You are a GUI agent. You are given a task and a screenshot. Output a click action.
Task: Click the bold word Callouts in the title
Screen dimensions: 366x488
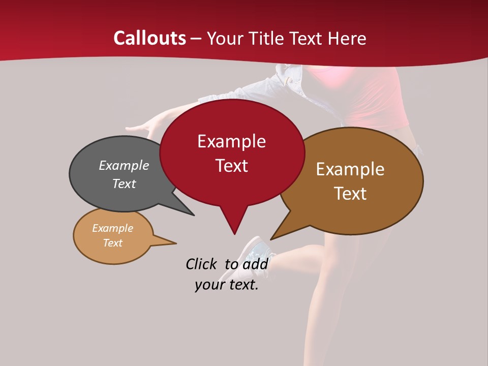[149, 38]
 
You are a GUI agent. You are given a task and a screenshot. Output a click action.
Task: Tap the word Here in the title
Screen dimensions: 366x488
[347, 39]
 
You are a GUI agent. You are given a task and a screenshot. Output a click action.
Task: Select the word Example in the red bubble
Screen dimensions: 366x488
[231, 141]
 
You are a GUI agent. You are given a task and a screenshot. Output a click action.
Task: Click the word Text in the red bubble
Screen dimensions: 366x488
[231, 166]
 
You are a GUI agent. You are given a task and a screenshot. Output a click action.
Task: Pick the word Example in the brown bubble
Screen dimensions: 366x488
[350, 169]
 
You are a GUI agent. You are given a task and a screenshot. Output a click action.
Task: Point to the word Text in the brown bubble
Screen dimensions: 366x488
[350, 194]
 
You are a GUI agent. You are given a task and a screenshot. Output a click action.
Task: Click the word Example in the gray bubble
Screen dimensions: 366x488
[124, 166]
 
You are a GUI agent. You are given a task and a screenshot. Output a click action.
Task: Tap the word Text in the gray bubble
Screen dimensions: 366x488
[124, 184]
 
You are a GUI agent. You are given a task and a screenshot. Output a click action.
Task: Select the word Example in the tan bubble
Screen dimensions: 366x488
[112, 228]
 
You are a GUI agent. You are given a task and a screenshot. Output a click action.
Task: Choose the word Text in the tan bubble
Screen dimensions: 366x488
[112, 243]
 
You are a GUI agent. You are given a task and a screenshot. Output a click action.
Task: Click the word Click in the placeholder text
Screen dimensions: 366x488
[202, 264]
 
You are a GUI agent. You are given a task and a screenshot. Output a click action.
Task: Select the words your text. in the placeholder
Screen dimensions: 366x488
[226, 285]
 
